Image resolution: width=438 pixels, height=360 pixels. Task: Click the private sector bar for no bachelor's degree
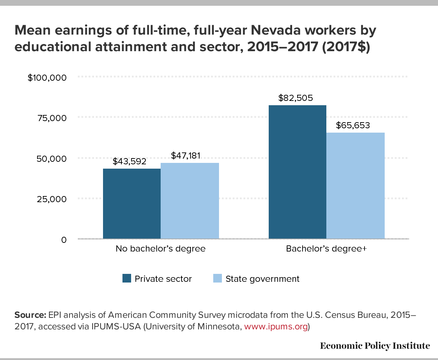(132, 204)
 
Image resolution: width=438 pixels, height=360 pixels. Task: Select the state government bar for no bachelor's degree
(190, 201)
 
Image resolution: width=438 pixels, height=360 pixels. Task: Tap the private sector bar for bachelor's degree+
(298, 172)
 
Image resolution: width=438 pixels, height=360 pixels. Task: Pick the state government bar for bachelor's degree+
(356, 186)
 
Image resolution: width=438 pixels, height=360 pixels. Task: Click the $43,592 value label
(130, 161)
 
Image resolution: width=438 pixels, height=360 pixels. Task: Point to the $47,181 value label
(186, 155)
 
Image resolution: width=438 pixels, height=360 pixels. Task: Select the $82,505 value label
(296, 98)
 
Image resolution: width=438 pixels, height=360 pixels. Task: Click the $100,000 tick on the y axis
(47, 77)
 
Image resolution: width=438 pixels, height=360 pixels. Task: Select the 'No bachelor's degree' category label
(161, 249)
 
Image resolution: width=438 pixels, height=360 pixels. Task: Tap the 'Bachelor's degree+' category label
(326, 249)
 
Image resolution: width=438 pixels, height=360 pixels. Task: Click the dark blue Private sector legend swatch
(127, 279)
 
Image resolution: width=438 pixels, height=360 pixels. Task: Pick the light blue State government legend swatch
(218, 279)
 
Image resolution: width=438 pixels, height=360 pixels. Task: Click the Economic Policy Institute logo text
(375, 346)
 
